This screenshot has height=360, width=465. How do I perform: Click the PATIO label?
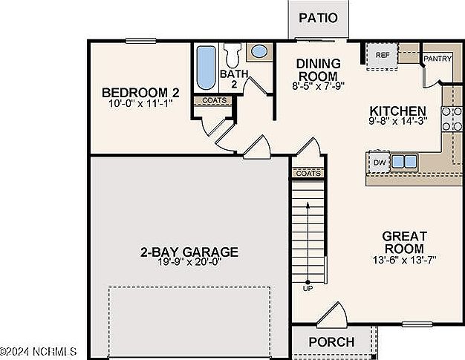[318, 18]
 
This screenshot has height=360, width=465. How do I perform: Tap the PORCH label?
[331, 342]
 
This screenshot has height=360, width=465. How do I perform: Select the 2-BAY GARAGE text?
[189, 252]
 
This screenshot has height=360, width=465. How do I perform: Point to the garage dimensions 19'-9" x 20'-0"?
[189, 262]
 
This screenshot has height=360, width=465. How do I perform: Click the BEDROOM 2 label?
[140, 93]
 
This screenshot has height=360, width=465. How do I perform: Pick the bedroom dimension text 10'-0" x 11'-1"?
[140, 103]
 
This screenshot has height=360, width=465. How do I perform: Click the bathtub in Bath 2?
[206, 68]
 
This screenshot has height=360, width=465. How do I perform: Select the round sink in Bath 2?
[258, 52]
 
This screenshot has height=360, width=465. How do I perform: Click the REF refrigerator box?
[383, 56]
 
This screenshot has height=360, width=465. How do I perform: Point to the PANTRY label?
[437, 59]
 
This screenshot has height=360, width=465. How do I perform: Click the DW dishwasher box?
[379, 162]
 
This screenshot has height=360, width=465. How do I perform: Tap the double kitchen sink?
[404, 161]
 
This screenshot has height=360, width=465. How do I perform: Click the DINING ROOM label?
[318, 69]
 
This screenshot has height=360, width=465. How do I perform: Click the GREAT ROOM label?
[403, 242]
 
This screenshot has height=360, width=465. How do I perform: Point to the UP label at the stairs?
[308, 288]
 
